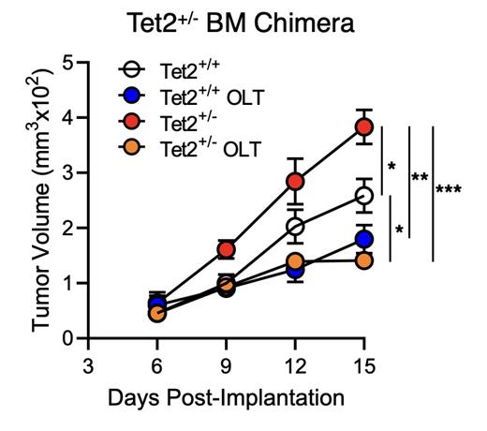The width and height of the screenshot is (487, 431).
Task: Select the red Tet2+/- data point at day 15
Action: coord(364,126)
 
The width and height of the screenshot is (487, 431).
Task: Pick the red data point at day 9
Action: coord(226,249)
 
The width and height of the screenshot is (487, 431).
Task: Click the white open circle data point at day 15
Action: coord(364,195)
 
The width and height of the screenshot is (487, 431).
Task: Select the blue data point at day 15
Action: coord(364,239)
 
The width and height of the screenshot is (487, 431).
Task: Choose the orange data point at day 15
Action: coord(364,260)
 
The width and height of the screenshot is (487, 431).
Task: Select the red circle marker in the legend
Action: coord(133,122)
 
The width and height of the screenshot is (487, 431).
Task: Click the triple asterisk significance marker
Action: coord(448,190)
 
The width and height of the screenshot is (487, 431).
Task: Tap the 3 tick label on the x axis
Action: coord(88,364)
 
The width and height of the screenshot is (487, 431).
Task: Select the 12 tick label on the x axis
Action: coord(295,364)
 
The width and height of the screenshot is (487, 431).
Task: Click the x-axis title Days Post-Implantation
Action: coord(226,397)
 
